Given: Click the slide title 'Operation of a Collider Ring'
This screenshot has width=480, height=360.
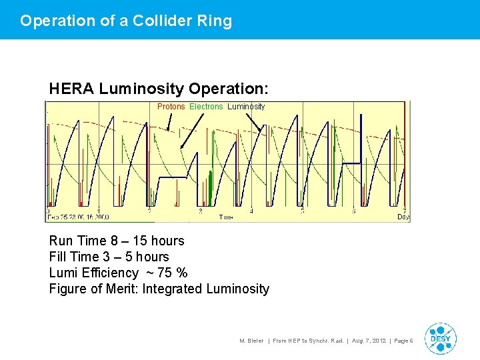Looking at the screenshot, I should [126, 21].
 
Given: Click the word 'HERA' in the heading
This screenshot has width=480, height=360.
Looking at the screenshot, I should [71, 89].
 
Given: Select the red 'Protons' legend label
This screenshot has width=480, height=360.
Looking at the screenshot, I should [171, 107].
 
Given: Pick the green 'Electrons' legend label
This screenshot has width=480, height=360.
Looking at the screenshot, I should [206, 107].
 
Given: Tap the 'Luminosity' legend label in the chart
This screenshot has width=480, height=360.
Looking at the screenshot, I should [246, 107].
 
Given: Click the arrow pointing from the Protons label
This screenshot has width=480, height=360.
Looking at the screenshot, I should [169, 121].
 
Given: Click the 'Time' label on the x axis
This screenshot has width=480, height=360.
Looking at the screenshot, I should [226, 217].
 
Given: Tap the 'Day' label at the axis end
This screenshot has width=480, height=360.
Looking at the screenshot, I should [403, 217].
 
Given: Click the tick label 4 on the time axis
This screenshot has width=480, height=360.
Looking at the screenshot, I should [251, 211].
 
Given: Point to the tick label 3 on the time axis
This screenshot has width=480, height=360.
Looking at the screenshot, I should [200, 211].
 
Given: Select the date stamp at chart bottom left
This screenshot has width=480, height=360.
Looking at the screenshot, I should [77, 217].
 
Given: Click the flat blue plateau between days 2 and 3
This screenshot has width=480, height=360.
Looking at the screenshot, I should [171, 178].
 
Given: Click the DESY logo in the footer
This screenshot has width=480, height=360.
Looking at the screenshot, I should [440, 339].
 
